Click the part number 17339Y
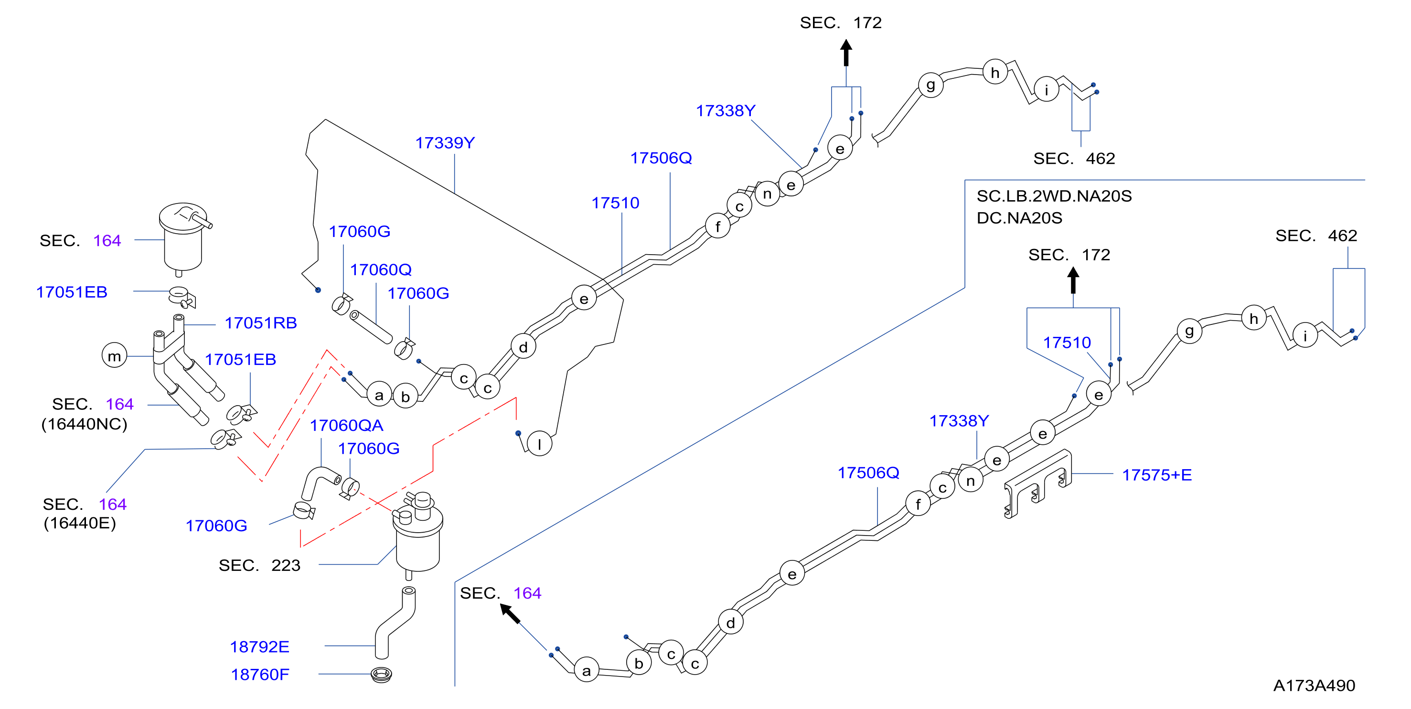[x=445, y=143]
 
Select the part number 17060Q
[x=381, y=270]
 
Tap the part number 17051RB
[x=261, y=323]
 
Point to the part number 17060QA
[x=346, y=426]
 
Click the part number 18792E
[x=260, y=647]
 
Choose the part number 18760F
[x=260, y=675]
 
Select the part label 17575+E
[x=1157, y=475]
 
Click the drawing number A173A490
[x=1314, y=686]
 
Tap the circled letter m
[x=115, y=356]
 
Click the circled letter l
[x=540, y=443]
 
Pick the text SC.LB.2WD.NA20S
[x=1054, y=196]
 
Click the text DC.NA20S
[x=1019, y=218]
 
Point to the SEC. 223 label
[x=260, y=566]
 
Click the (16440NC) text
[x=85, y=424]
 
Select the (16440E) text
[x=80, y=523]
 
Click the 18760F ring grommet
[x=381, y=675]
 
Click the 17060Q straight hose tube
[x=371, y=327]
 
